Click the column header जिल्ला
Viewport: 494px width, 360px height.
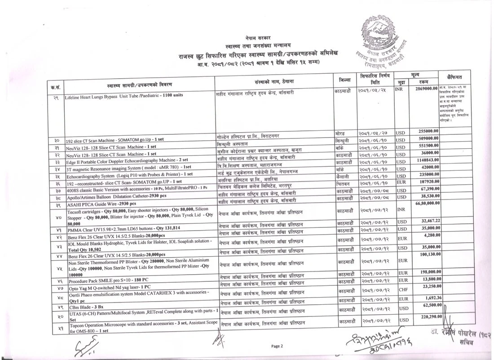coord(344,79)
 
